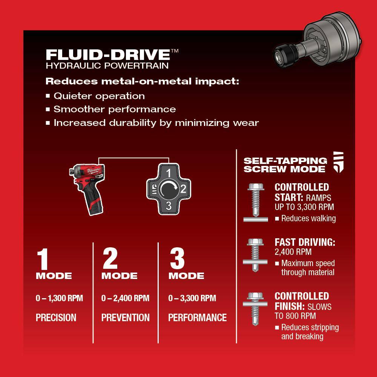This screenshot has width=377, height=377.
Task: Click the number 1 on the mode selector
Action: point(169,173)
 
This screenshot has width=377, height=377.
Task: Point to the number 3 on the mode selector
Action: point(169,205)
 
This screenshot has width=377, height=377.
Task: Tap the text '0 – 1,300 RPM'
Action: point(59,298)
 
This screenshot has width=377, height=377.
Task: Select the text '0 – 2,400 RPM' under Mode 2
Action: point(125,298)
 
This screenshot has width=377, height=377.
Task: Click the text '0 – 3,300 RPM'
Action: point(192,298)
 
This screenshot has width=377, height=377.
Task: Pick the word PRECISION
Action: point(56,317)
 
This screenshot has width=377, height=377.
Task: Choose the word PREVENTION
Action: point(125,317)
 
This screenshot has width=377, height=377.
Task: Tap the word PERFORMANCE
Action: point(197,317)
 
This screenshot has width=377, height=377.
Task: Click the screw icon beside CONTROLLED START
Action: point(255,202)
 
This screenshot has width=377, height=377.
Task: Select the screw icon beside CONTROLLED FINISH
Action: point(255,308)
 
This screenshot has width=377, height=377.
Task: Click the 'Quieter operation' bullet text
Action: point(99,96)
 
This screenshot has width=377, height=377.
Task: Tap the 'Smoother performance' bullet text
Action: point(115,109)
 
